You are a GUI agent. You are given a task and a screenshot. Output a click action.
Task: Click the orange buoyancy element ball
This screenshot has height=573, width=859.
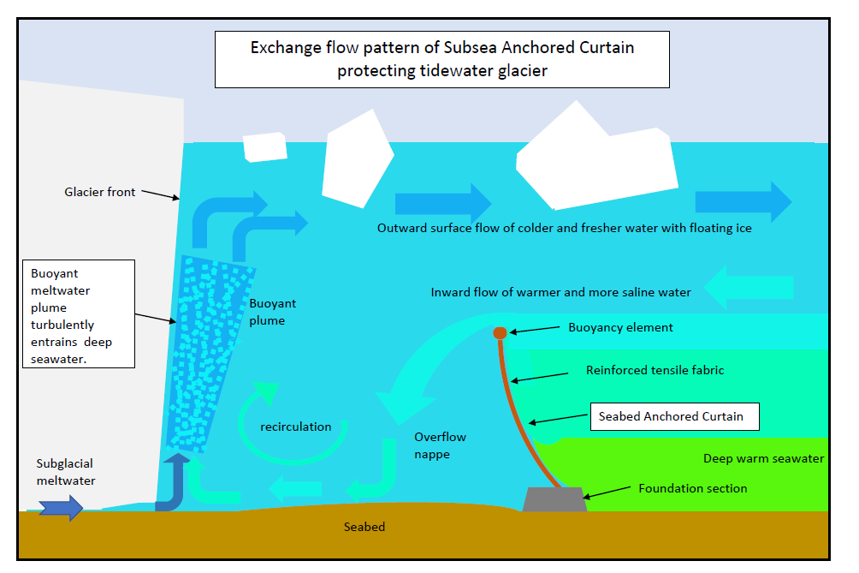point(500,333)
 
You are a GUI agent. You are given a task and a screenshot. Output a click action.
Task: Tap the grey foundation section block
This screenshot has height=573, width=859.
point(554,499)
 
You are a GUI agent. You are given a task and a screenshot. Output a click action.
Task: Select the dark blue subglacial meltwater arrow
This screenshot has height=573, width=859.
point(61,508)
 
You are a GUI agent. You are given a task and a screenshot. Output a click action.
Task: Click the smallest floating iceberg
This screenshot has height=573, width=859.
point(265,147)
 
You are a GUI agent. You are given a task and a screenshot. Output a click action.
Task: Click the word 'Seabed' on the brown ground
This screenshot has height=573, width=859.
point(364,527)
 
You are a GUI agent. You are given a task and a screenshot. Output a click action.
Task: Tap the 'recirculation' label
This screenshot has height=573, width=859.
point(296,427)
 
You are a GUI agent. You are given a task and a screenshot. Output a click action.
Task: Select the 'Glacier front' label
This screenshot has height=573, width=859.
point(100,192)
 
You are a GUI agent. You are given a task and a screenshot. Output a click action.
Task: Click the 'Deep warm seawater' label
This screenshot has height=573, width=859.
point(764,458)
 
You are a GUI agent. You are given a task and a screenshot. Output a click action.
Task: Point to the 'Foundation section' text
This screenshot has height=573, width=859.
point(693,488)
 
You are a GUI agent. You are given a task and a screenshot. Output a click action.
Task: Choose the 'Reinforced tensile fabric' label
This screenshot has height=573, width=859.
point(655,370)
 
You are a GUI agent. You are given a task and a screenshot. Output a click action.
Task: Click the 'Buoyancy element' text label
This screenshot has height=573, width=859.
point(620,327)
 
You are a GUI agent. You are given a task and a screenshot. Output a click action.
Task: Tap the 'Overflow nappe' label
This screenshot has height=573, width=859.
point(440,445)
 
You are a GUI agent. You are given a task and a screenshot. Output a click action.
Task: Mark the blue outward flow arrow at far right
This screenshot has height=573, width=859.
point(743,202)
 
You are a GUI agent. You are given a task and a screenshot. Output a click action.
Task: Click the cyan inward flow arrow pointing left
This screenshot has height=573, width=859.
point(749,287)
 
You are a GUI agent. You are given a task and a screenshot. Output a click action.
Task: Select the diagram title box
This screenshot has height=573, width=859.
point(442,59)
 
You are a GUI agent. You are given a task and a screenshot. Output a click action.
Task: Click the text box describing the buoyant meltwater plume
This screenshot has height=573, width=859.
point(79,313)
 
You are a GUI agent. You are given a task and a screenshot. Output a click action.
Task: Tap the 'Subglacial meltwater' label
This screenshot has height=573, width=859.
point(66,472)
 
